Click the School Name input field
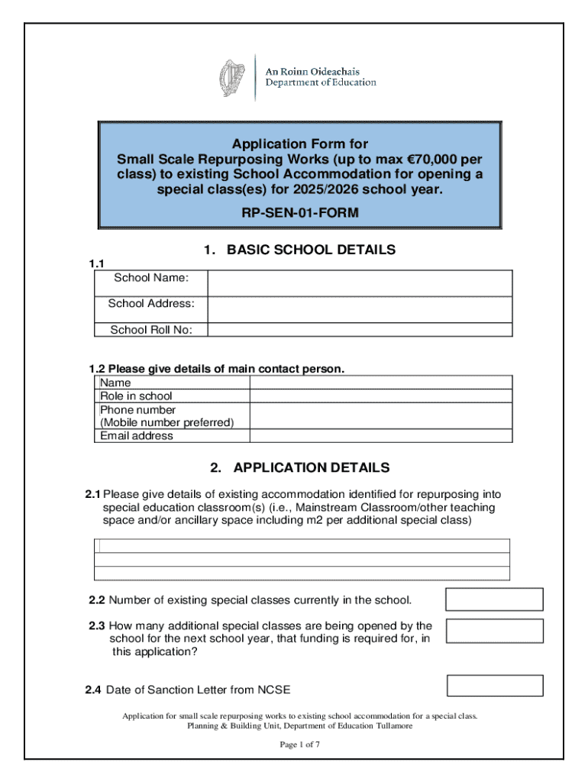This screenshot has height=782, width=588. tap(360, 283)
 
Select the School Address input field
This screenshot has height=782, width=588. tap(360, 309)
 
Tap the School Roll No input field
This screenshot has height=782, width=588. tap(360, 330)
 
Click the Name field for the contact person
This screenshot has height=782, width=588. tap(381, 382)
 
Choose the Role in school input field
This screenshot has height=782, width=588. tap(381, 396)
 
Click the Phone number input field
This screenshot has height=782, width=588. tap(381, 415)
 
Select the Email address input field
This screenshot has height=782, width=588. tap(381, 436)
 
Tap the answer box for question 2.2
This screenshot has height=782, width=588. tap(494, 599)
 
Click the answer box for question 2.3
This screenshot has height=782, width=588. tap(494, 631)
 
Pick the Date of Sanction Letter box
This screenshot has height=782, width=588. tap(494, 686)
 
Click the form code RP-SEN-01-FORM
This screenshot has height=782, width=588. tap(299, 213)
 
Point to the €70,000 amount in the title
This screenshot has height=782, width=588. tap(435, 160)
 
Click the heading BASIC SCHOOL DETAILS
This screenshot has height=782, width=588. tap(311, 250)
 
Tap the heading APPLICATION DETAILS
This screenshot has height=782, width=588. tap(312, 467)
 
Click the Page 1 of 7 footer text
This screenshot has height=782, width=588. tap(299, 745)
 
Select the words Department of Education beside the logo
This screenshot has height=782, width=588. tap(321, 82)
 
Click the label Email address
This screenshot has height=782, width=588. tap(137, 436)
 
